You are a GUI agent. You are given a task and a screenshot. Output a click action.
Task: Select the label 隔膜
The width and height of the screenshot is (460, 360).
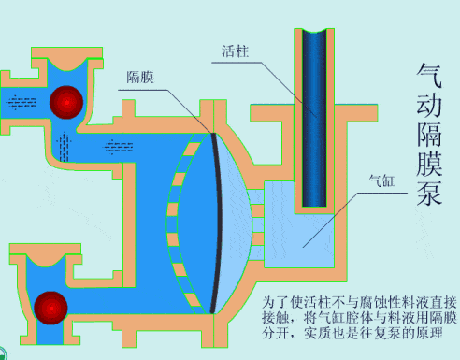pyautogui.click(x=140, y=77)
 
